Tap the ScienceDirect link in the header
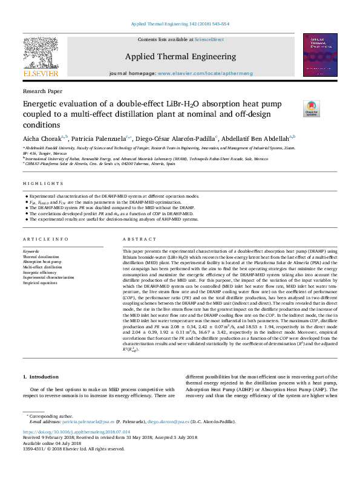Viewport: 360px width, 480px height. tap(209, 39)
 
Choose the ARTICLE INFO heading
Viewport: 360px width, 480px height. tap(41, 239)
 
